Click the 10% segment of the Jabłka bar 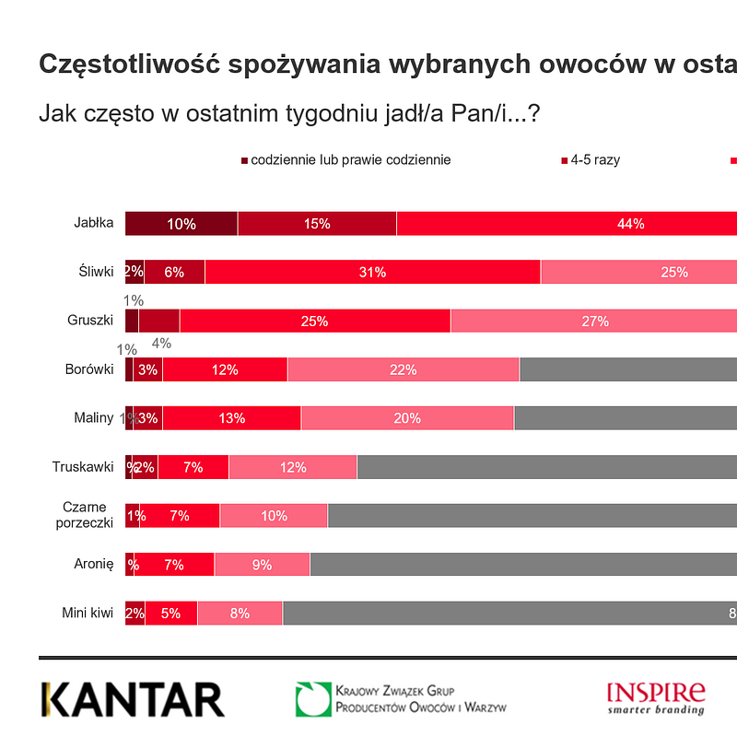click(181, 224)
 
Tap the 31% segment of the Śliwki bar click(373, 272)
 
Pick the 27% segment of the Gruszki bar click(594, 321)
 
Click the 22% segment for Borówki click(404, 369)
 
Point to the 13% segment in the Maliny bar click(232, 418)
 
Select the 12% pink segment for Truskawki click(293, 467)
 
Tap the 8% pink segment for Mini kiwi click(240, 613)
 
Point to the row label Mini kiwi click(88, 613)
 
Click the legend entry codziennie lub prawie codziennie click(350, 160)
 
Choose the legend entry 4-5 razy click(594, 160)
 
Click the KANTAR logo click(133, 699)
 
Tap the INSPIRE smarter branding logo click(656, 697)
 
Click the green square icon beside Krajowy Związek click(312, 699)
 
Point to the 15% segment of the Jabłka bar click(317, 224)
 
